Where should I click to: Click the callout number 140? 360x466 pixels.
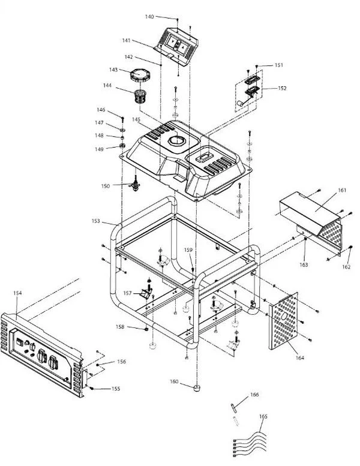(x=149, y=17)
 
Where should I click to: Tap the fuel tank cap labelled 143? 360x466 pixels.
(x=139, y=75)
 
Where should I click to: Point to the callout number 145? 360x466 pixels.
(x=136, y=119)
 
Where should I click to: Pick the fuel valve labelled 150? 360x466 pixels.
(x=136, y=185)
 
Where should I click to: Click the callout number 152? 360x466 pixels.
(x=282, y=88)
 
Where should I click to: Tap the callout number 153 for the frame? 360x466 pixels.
(x=96, y=221)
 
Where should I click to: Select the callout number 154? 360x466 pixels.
(x=17, y=293)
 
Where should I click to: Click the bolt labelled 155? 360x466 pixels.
(x=92, y=388)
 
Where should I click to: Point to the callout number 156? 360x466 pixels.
(x=121, y=362)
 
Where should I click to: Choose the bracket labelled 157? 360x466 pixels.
(x=146, y=294)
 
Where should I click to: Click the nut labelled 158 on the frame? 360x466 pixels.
(x=146, y=329)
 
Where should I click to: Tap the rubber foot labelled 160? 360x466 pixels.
(x=197, y=388)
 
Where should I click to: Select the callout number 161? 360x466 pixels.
(x=342, y=190)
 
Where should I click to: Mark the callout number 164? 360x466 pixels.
(x=299, y=357)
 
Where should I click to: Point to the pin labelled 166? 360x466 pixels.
(x=233, y=408)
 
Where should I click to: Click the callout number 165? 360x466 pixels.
(x=263, y=416)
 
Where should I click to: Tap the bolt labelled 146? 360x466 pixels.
(x=122, y=120)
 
